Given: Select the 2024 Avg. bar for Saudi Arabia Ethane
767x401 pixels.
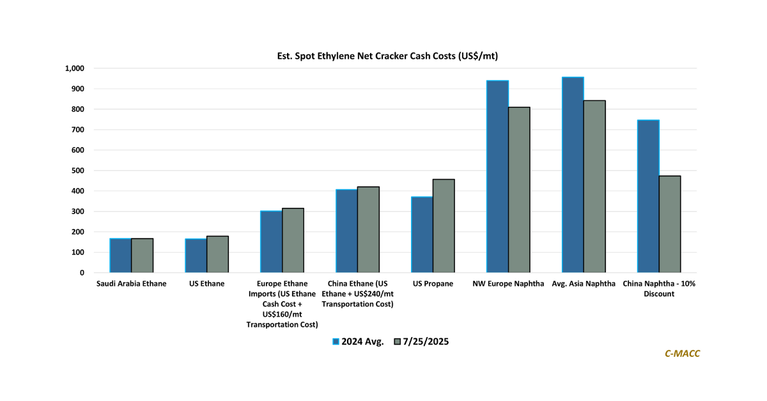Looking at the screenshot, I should click(121, 256).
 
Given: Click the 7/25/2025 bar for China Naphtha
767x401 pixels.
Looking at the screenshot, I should click(670, 224).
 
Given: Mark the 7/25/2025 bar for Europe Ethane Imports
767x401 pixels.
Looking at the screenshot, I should click(293, 240).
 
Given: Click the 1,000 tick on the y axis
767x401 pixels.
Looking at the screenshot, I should click(75, 68).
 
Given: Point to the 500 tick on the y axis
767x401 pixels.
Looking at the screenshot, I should click(77, 171).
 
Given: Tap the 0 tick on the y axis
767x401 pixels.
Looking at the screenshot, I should click(81, 273).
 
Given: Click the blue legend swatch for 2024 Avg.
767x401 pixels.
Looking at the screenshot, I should click(336, 342).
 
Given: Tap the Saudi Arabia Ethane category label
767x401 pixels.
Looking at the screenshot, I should click(132, 284).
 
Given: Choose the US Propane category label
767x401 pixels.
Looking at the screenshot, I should click(433, 284).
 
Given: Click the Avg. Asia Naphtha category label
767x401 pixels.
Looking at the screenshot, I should click(584, 284).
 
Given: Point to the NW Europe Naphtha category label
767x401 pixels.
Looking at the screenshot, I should click(508, 284).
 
